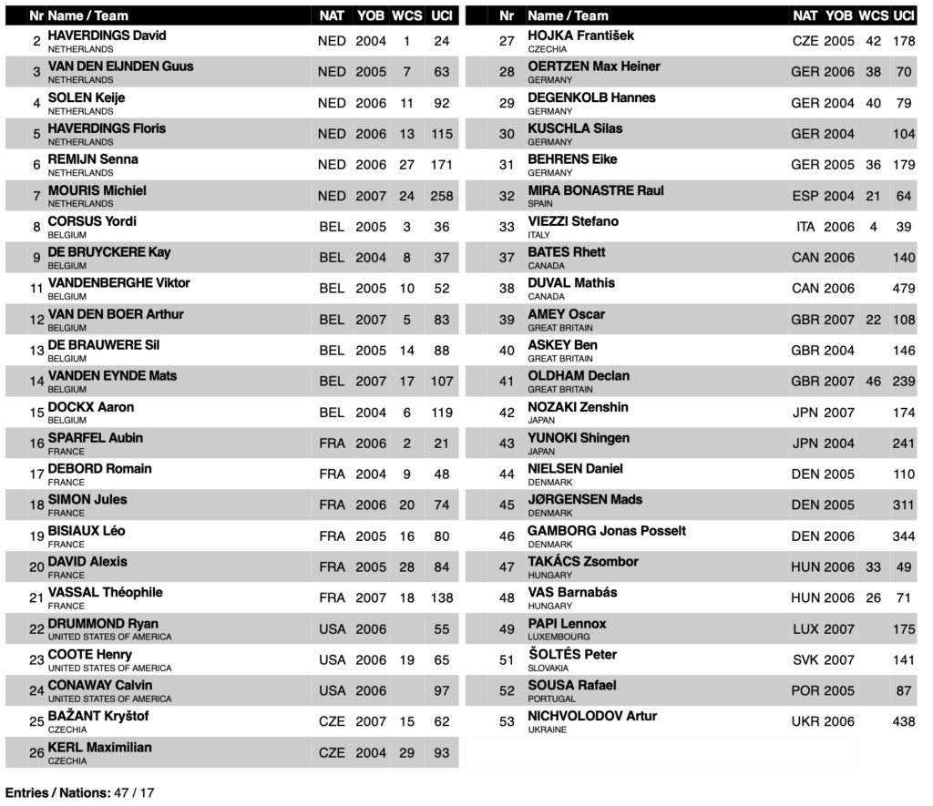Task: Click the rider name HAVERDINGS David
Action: coord(107,36)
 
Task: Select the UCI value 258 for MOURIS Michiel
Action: coord(442,196)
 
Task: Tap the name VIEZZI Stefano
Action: coord(573,221)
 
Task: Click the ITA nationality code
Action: coord(805,227)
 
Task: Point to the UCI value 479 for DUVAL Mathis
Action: coord(904,289)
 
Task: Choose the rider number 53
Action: coord(507,721)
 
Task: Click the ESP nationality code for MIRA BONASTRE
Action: coord(805,196)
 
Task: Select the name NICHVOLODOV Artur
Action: coord(592,716)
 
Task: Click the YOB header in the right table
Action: coord(839,15)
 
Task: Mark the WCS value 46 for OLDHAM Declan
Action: coord(873,382)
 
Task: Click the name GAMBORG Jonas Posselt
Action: coord(607,530)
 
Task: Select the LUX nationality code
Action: coord(805,629)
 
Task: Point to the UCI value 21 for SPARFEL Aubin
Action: coord(442,444)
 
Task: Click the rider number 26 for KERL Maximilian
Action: coord(36,752)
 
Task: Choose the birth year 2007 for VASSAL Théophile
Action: coord(370,598)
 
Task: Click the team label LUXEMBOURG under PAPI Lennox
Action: coord(559,637)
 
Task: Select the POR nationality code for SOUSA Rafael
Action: coord(805,691)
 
